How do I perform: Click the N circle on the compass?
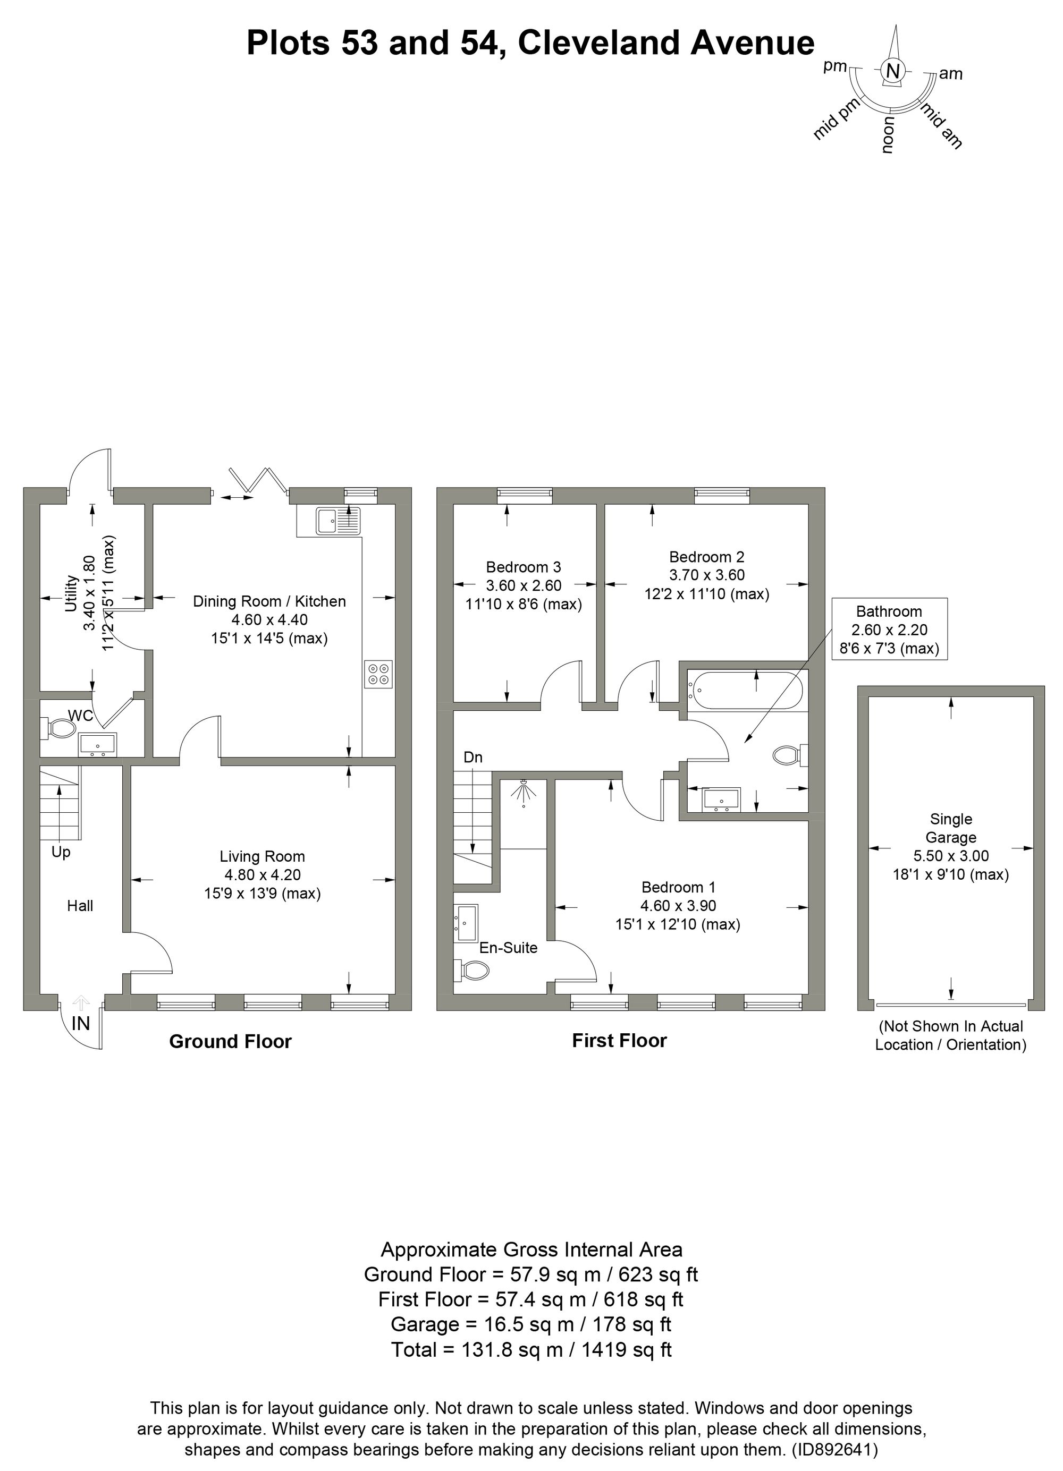pyautogui.click(x=893, y=71)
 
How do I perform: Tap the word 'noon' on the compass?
pyautogui.click(x=888, y=135)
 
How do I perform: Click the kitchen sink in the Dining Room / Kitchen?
pyautogui.click(x=339, y=521)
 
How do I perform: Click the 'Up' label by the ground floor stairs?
pyautogui.click(x=61, y=852)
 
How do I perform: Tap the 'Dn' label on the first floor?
pyautogui.click(x=473, y=758)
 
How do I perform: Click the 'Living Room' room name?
pyautogui.click(x=262, y=856)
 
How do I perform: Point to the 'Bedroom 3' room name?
pyautogui.click(x=524, y=567)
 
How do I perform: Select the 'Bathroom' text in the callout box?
pyautogui.click(x=889, y=611)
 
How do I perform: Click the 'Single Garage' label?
pyautogui.click(x=951, y=828)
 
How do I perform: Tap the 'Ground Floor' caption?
pyautogui.click(x=230, y=1042)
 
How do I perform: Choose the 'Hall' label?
pyautogui.click(x=80, y=906)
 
